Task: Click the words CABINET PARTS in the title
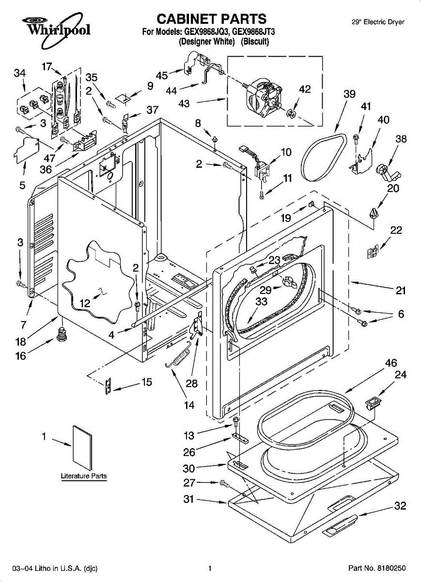click(212, 19)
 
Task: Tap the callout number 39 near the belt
click(349, 95)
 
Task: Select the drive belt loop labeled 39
click(322, 155)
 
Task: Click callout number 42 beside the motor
click(304, 89)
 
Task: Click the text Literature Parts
click(84, 476)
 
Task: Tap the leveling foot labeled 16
click(62, 334)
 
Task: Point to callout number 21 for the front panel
click(401, 291)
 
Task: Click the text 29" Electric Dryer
click(377, 22)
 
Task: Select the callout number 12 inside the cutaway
click(85, 304)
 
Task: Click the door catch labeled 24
click(372, 401)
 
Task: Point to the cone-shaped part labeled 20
click(373, 213)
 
